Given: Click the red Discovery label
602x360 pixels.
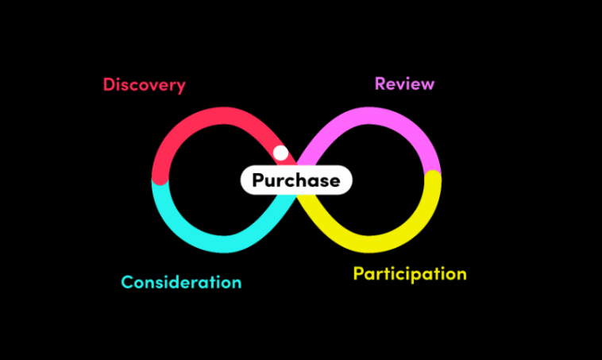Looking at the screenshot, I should pos(144,84).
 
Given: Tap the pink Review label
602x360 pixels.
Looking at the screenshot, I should pos(404,83).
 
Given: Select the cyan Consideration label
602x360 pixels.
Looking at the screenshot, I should pos(181,282).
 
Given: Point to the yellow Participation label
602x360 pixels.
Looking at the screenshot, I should pos(409,274).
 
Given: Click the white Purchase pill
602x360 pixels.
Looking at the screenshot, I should pos(295,180).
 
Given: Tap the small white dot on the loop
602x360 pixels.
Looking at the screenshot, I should pos(280,153).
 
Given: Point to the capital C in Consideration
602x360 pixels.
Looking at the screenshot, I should pos(127,282).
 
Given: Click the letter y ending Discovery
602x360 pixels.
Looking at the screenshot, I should pos(180,87).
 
